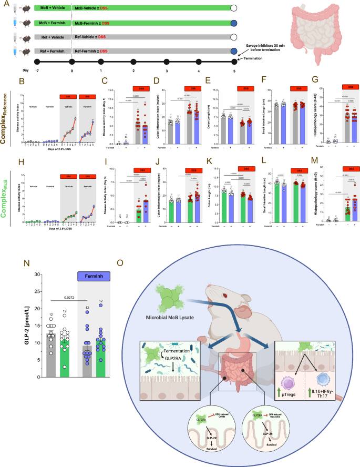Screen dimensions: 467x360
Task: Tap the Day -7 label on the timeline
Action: pyautogui.click(x=35, y=70)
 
